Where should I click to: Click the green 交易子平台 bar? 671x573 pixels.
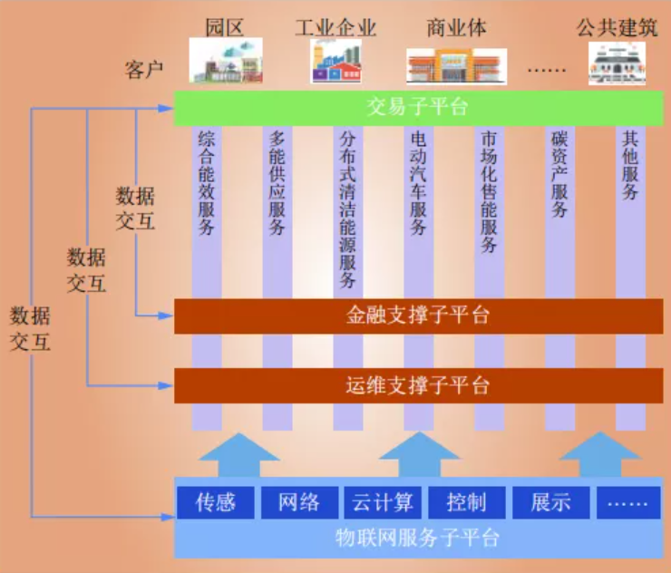click(x=417, y=108)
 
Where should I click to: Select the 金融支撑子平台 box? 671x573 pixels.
click(x=417, y=316)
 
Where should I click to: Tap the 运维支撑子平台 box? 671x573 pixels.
click(x=417, y=385)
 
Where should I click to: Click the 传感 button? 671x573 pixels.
click(x=215, y=502)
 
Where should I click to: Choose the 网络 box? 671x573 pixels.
click(x=298, y=502)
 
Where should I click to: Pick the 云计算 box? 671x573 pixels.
click(x=382, y=502)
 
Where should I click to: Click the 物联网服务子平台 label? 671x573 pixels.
click(x=417, y=538)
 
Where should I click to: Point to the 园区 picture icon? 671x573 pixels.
click(x=226, y=62)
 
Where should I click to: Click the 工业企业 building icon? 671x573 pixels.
click(x=335, y=62)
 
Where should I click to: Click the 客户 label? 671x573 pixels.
click(x=144, y=69)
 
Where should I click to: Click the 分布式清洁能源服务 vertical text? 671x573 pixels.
click(x=347, y=209)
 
